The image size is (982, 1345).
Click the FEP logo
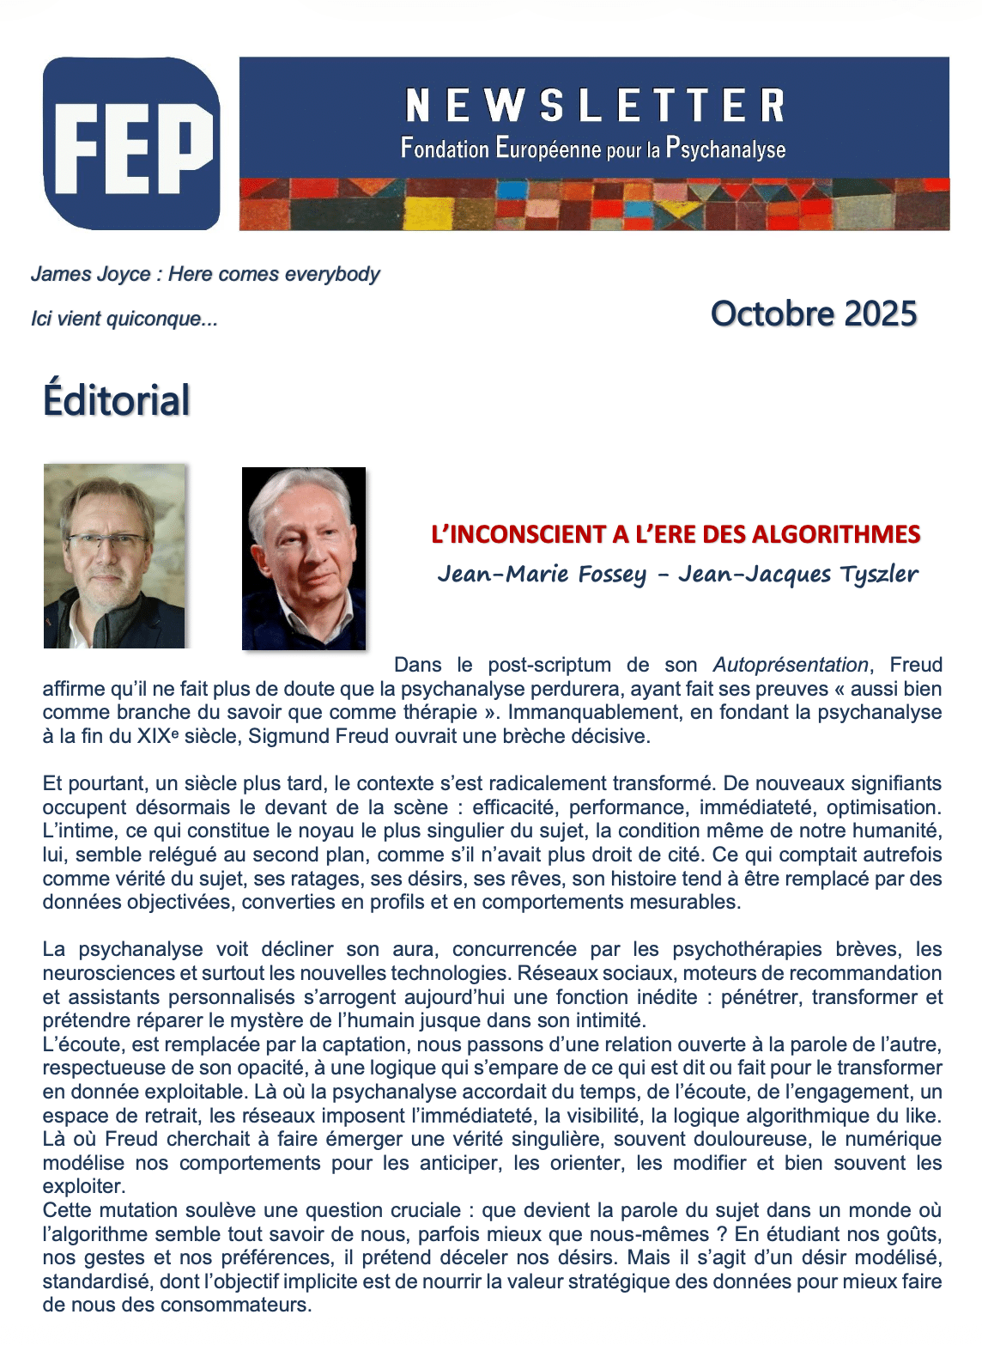131,143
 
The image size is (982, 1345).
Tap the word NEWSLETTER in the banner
594,106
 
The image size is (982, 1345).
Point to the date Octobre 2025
814,313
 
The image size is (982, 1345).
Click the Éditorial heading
117,400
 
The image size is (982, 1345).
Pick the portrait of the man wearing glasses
114,556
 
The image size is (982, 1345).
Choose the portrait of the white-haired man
304,558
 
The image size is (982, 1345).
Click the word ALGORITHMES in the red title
836,534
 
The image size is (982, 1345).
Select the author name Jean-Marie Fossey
542,574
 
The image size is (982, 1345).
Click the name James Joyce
91,274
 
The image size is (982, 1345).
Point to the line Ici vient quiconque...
124,319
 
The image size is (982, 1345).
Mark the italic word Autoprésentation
791,665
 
